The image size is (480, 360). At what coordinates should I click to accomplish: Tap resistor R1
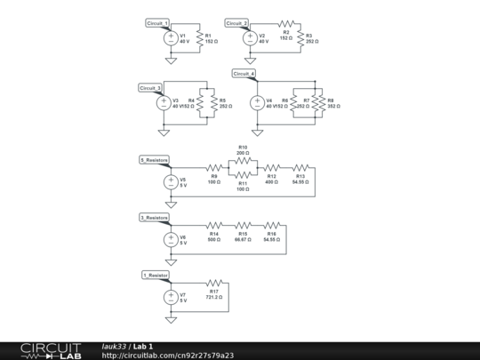point(198,37)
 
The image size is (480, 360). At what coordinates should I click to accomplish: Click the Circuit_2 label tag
point(236,22)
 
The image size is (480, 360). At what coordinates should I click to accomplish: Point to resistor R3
point(301,38)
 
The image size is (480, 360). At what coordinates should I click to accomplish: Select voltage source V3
point(164,101)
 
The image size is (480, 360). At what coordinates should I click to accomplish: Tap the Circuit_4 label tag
point(244,73)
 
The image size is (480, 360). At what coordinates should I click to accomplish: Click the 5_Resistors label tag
point(154,160)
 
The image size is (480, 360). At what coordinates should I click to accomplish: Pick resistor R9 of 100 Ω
point(214,167)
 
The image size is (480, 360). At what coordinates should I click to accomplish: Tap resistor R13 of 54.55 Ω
point(300,167)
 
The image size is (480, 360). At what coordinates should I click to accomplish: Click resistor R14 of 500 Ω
point(214,225)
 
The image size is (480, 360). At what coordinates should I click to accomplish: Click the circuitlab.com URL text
point(168,355)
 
